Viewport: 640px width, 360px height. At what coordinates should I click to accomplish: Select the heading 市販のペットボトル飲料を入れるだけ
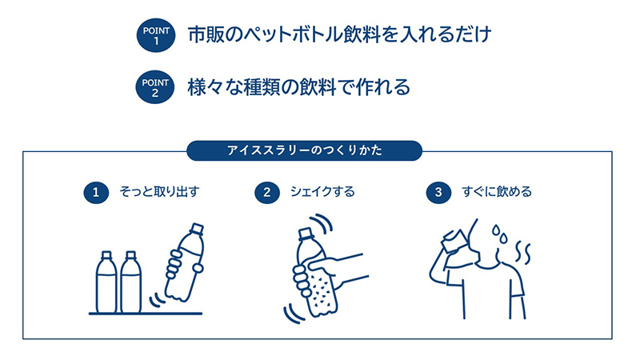pos(338,36)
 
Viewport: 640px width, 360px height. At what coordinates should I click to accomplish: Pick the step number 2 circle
pos(267,192)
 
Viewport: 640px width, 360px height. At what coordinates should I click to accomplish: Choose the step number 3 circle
pos(438,192)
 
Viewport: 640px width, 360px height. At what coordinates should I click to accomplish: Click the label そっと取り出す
pos(153,192)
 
